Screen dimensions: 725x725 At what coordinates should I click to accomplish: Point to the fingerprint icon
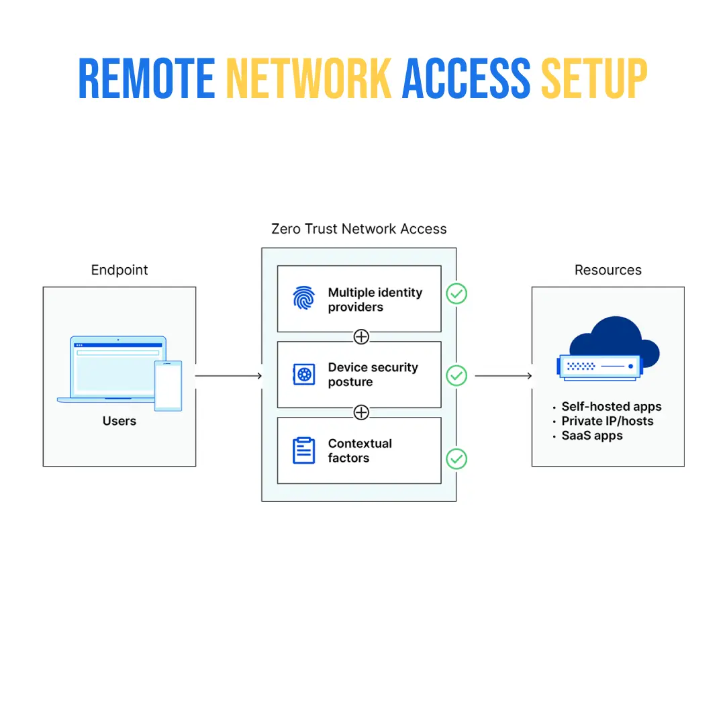pyautogui.click(x=304, y=298)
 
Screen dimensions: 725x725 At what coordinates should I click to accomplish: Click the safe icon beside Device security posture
pyautogui.click(x=304, y=375)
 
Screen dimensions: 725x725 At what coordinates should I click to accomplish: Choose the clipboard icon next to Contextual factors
pyautogui.click(x=304, y=450)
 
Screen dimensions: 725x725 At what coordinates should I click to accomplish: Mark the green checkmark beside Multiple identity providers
pyautogui.click(x=456, y=293)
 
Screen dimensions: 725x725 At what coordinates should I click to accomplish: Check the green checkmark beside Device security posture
pyautogui.click(x=456, y=375)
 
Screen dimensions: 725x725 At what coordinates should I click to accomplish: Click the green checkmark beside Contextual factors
pyautogui.click(x=456, y=459)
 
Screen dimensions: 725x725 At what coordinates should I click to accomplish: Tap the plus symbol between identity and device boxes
pyautogui.click(x=361, y=336)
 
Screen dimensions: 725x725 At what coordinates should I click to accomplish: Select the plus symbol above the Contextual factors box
pyautogui.click(x=361, y=412)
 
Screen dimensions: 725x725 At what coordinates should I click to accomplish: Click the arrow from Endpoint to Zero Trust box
pyautogui.click(x=228, y=376)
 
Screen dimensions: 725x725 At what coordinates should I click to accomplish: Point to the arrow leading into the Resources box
pyautogui.click(x=503, y=376)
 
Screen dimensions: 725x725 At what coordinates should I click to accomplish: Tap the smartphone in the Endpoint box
pyautogui.click(x=168, y=385)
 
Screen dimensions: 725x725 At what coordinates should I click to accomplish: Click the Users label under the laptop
pyautogui.click(x=119, y=421)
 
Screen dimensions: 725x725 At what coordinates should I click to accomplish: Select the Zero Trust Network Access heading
pyautogui.click(x=358, y=229)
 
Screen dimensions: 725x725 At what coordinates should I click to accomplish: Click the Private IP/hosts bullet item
pyautogui.click(x=607, y=421)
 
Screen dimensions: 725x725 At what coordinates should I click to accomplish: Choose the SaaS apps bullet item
pyautogui.click(x=591, y=436)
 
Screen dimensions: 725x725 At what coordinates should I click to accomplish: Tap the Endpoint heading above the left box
pyautogui.click(x=119, y=270)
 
